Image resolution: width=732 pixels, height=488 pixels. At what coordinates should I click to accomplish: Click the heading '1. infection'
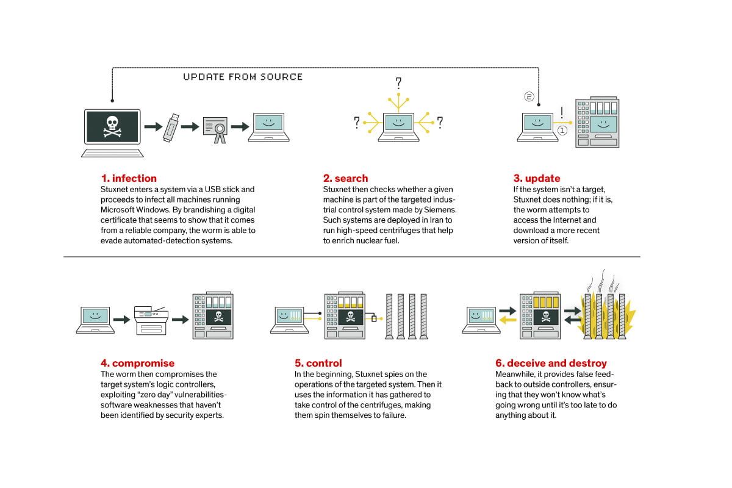(x=129, y=178)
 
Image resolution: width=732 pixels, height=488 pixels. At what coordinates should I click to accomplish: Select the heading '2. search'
(x=345, y=178)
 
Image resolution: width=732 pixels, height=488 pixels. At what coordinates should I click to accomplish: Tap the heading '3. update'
(x=536, y=178)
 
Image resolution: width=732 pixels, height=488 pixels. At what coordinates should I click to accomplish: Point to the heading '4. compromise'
(x=137, y=363)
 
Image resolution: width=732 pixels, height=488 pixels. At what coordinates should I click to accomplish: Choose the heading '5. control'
(x=318, y=363)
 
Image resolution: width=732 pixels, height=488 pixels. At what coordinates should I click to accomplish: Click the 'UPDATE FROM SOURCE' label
(x=243, y=77)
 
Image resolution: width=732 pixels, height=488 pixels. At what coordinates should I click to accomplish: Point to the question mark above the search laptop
(x=398, y=82)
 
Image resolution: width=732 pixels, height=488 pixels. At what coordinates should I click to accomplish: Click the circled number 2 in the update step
(x=529, y=96)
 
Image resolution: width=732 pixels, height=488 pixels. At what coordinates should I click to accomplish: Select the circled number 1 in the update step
(x=562, y=130)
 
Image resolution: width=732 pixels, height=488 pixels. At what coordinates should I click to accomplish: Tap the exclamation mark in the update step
(x=561, y=113)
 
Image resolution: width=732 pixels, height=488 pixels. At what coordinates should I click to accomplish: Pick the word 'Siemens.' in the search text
(x=439, y=209)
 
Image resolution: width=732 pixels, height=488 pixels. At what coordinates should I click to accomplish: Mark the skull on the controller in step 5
(x=350, y=317)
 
